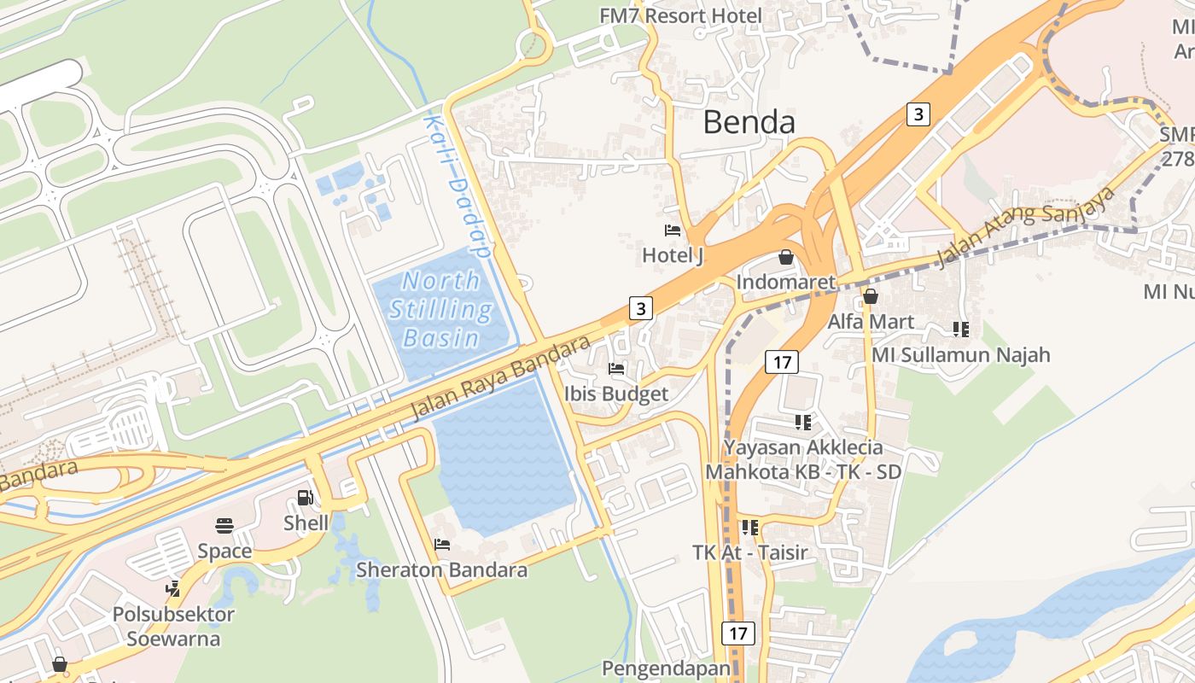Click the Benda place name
coord(749,123)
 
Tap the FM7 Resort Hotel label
coord(680,16)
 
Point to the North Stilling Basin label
coord(440,309)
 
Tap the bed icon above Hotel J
coord(673,231)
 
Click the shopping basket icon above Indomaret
coord(785,257)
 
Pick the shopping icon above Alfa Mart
coord(871,296)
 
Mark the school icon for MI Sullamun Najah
coord(960,329)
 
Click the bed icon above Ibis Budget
coord(616,369)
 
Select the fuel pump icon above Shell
coord(305,498)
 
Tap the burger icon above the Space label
coord(224,526)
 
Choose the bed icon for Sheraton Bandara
coord(441,545)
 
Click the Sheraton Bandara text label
coord(441,569)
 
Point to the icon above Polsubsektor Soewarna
coord(173,588)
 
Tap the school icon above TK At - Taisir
coord(749,528)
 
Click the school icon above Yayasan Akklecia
coord(802,422)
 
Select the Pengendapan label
coord(666,668)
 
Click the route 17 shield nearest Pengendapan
coord(738,633)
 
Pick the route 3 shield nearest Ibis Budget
coord(641,307)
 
